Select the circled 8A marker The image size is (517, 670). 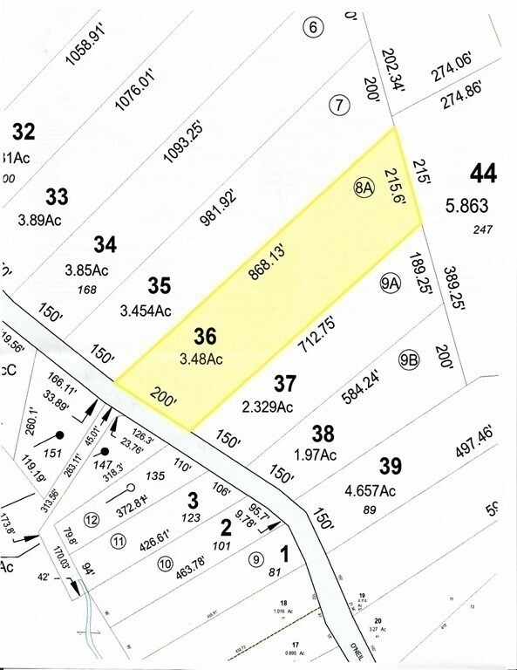point(364,189)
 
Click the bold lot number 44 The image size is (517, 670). point(483,174)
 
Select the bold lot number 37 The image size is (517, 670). point(285,383)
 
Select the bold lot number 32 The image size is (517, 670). point(24,131)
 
